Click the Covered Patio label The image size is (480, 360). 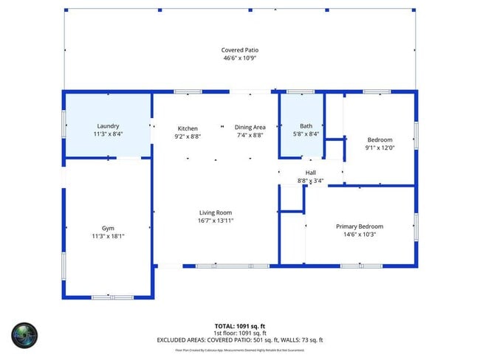tap(240, 50)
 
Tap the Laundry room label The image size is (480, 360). tap(108, 126)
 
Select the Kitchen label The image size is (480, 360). tap(188, 128)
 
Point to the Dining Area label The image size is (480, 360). tap(250, 128)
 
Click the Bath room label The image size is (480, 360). tap(306, 126)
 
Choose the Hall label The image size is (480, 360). tap(311, 173)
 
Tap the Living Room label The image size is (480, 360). tap(215, 212)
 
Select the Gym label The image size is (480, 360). tap(108, 228)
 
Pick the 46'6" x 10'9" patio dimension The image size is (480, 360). tap(240, 58)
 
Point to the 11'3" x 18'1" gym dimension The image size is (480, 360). tap(108, 236)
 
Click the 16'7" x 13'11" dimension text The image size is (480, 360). tap(215, 221)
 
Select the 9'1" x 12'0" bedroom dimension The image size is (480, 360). tap(380, 148)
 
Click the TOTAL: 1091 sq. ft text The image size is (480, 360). tap(240, 325)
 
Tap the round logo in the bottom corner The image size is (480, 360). tap(24, 336)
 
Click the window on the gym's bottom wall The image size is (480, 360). tap(112, 297)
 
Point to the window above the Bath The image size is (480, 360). tap(301, 91)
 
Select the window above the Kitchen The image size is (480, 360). tap(188, 91)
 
